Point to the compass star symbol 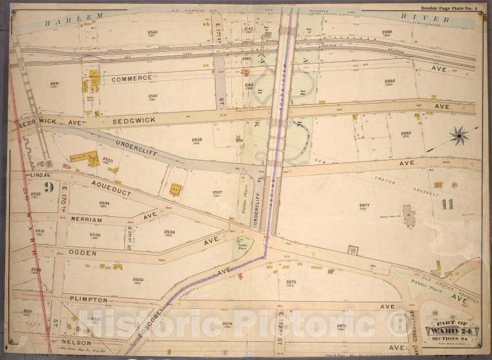pos(460,135)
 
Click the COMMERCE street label pos(131,78)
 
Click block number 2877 pos(364,206)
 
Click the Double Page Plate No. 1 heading pos(448,8)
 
